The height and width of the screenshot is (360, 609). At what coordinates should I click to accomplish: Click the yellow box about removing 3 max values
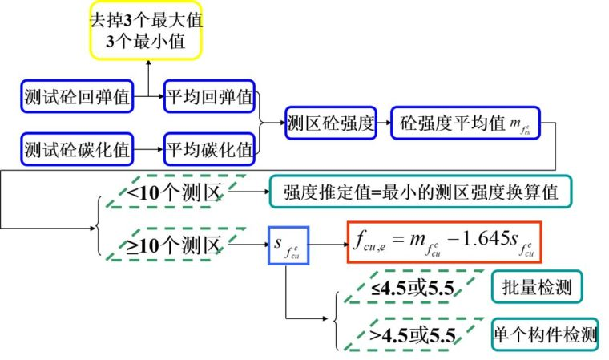pos(145,31)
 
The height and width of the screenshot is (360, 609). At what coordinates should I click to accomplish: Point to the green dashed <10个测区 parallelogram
pos(170,192)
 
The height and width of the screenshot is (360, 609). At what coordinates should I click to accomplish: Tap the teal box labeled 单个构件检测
pos(545,334)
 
